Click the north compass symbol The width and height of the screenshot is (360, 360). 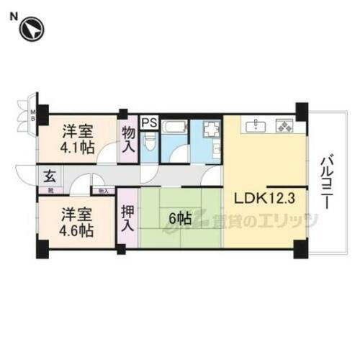pos(32,30)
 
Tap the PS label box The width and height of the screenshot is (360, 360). pos(149,122)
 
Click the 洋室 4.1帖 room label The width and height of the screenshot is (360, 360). pos(77,139)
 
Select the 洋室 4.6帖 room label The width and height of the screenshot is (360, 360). pos(76,222)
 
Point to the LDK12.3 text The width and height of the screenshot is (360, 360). pos(260,198)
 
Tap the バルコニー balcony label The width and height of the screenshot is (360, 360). pos(327,181)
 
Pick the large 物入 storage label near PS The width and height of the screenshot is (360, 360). pos(129,140)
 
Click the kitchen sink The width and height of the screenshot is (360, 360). pos(256,127)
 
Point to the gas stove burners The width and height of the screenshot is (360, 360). pos(285,127)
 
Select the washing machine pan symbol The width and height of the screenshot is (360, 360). pos(212,130)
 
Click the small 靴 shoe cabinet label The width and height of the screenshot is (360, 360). pos(51,190)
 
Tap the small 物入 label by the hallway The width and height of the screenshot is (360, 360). pos(102,191)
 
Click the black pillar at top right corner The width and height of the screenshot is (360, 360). pos(301,111)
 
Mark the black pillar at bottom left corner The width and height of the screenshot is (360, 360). pos(43,249)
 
